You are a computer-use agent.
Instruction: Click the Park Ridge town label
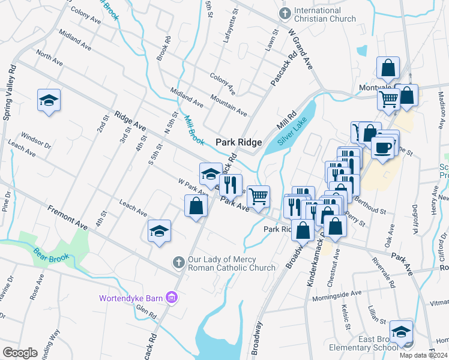pos(238,142)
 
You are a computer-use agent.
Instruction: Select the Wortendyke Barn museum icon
pos(172,297)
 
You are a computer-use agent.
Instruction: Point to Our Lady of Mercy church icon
pos(178,262)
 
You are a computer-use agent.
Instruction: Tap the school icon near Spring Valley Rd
pos(49,100)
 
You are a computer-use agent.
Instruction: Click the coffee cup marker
pos(382,147)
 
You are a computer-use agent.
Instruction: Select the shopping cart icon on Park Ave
pos(258,196)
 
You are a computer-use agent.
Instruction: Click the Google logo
pos(20,353)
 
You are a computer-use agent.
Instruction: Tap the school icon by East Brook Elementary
pos(401,331)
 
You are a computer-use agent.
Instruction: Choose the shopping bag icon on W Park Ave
pos(196,208)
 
